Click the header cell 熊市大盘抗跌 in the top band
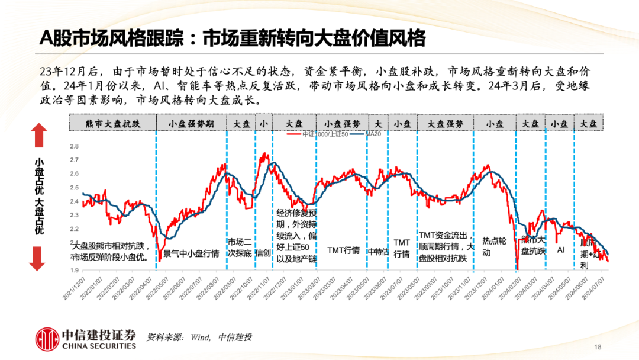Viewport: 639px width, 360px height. [113, 123]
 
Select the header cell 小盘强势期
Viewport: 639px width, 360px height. [191, 123]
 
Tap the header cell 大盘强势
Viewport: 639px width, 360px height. [446, 123]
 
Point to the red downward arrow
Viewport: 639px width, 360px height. [38, 258]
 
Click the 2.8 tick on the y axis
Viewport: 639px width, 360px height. [74, 146]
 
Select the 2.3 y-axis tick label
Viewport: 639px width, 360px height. [74, 215]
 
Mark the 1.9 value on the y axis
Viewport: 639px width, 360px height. [74, 270]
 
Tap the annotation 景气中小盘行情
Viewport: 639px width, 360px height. [191, 253]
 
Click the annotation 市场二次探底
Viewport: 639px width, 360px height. [240, 247]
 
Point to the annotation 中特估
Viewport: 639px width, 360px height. [378, 252]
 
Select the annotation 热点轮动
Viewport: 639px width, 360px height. [494, 246]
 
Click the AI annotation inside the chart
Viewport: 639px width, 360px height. [560, 250]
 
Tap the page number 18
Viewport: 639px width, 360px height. [597, 347]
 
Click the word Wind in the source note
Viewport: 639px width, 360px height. [200, 337]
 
